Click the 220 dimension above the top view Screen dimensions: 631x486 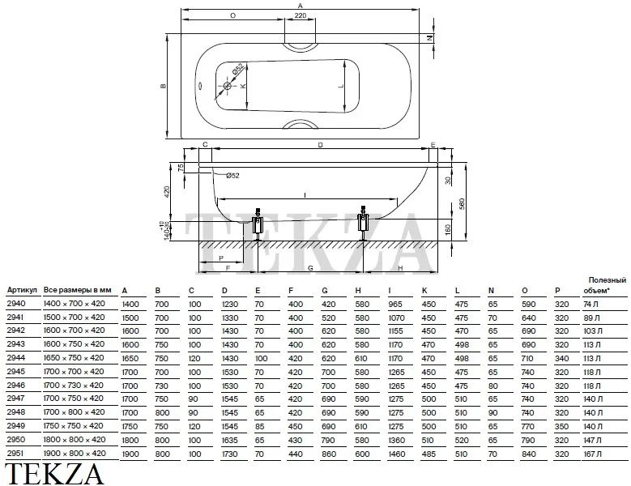(301, 15)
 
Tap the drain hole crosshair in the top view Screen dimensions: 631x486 (228, 86)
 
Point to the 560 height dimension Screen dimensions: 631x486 (462, 203)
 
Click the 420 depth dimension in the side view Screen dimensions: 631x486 (168, 191)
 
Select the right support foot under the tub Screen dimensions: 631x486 (364, 223)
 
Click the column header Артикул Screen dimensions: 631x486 (22, 290)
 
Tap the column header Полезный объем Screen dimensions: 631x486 (605, 285)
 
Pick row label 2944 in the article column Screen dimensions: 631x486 (15, 358)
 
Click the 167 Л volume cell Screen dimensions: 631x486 (592, 454)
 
